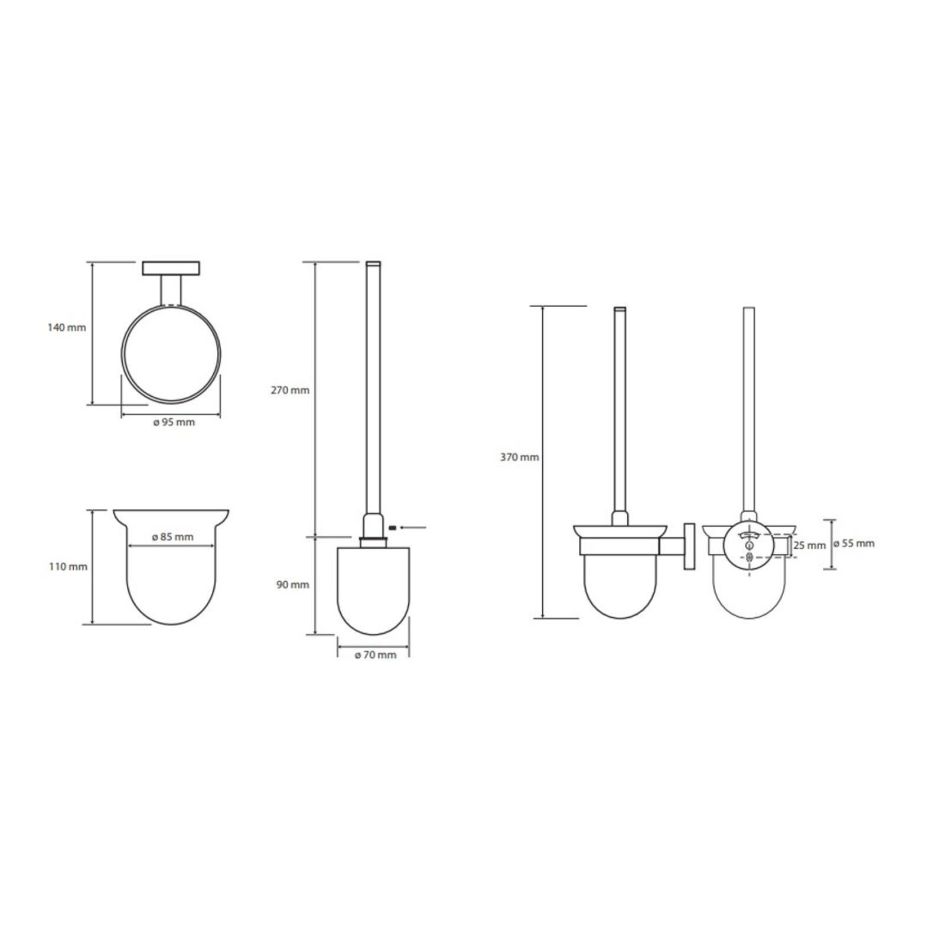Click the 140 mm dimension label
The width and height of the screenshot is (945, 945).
(x=67, y=327)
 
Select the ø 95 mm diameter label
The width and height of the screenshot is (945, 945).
(x=173, y=422)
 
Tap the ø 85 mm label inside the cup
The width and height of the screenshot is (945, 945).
(x=172, y=537)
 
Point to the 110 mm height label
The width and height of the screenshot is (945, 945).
(x=68, y=567)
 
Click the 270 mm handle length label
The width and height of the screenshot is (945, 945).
(x=290, y=390)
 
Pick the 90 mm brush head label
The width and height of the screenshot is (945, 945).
(x=292, y=585)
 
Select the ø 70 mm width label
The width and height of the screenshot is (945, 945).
(x=375, y=655)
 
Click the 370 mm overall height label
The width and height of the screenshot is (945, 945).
(x=520, y=457)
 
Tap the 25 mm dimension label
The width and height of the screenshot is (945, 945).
(x=809, y=546)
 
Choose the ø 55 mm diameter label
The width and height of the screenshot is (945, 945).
(x=854, y=543)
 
